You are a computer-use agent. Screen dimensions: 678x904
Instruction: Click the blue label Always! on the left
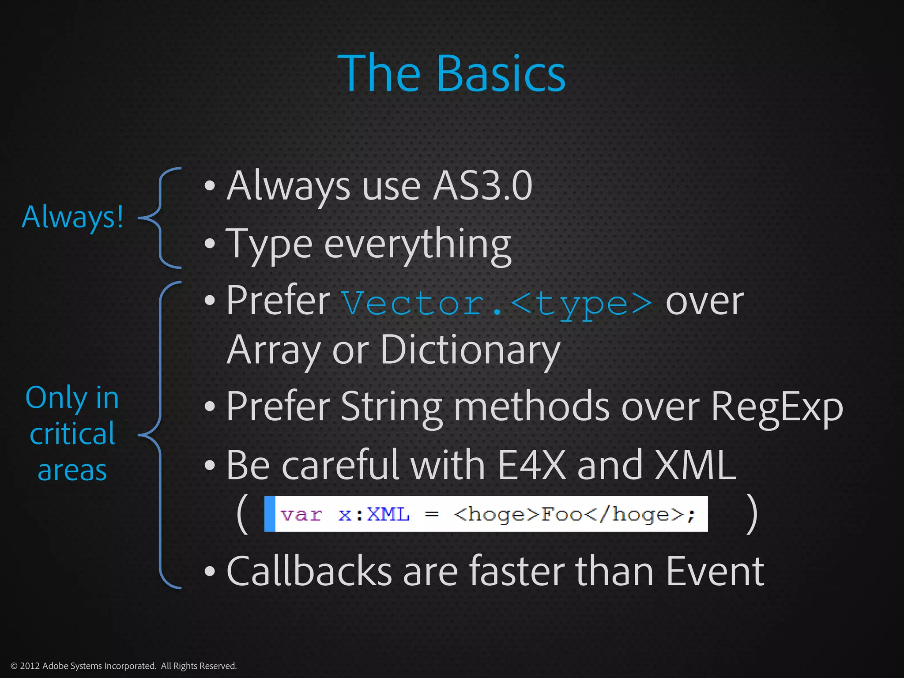click(x=73, y=217)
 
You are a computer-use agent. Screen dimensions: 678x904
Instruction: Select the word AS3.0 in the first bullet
click(x=482, y=186)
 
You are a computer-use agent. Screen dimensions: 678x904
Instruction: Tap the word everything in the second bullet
click(x=417, y=244)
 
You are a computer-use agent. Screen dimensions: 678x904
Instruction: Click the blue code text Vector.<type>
click(x=497, y=304)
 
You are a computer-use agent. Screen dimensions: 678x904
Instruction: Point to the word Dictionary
click(x=470, y=350)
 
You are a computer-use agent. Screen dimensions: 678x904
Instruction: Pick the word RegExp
click(x=776, y=407)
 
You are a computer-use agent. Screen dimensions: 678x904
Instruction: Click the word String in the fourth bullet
click(x=391, y=407)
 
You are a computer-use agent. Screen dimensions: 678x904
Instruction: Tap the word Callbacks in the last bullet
click(x=309, y=571)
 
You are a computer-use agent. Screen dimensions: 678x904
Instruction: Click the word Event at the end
click(x=715, y=571)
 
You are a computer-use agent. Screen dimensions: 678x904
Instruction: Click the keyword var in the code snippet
click(x=301, y=515)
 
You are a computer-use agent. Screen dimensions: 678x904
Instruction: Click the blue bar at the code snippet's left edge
click(x=270, y=514)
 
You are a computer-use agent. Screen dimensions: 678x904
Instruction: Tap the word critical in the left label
click(x=72, y=434)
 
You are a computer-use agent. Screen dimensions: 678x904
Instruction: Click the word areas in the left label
click(x=72, y=470)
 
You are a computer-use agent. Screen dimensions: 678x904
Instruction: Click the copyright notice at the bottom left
click(x=124, y=666)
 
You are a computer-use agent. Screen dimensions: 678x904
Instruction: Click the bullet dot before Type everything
click(x=210, y=244)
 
